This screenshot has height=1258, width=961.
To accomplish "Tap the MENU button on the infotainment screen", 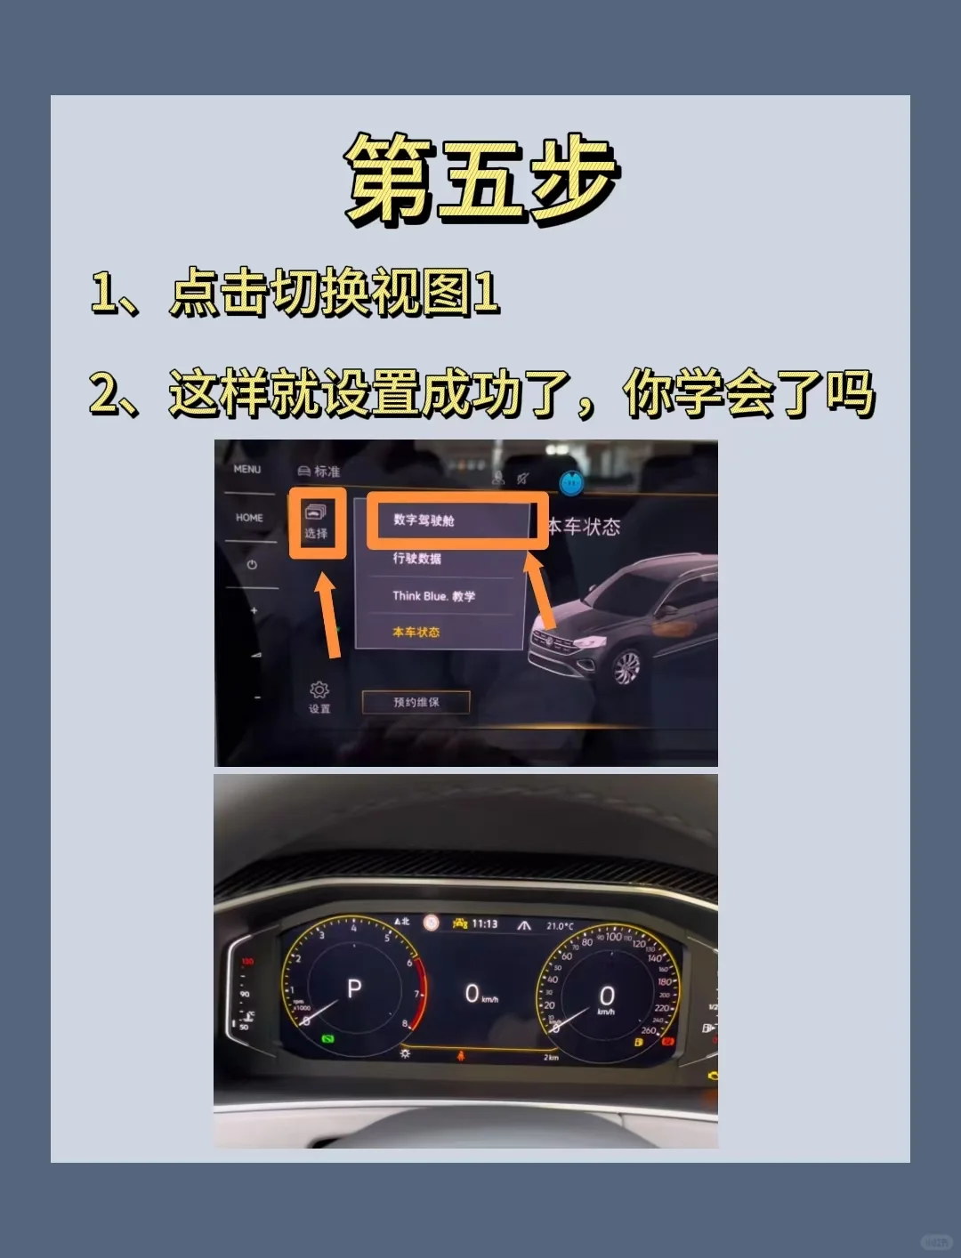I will coord(247,470).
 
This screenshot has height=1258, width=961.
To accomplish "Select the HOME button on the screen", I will coord(249,518).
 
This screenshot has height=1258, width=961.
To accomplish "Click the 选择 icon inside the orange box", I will coord(317,521).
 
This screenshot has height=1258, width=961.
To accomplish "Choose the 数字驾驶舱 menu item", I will coord(424,520).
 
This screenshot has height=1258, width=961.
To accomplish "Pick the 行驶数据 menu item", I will coord(416,559).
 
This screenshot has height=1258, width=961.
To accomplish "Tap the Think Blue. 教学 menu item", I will coord(434,596).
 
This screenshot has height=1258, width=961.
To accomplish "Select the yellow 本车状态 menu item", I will coord(416,632).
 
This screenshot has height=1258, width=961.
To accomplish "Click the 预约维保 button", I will coord(416,702).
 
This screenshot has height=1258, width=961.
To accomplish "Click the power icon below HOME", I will coord(253,565).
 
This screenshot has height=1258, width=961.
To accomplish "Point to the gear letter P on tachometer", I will coord(354,988).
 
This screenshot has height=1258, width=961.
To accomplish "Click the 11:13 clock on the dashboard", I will coord(484,923).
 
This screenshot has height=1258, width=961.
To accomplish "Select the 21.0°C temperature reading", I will coord(560,926).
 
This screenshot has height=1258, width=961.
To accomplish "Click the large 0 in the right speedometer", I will coord(607,995).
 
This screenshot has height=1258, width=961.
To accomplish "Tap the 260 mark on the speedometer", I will coord(649,1030).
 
